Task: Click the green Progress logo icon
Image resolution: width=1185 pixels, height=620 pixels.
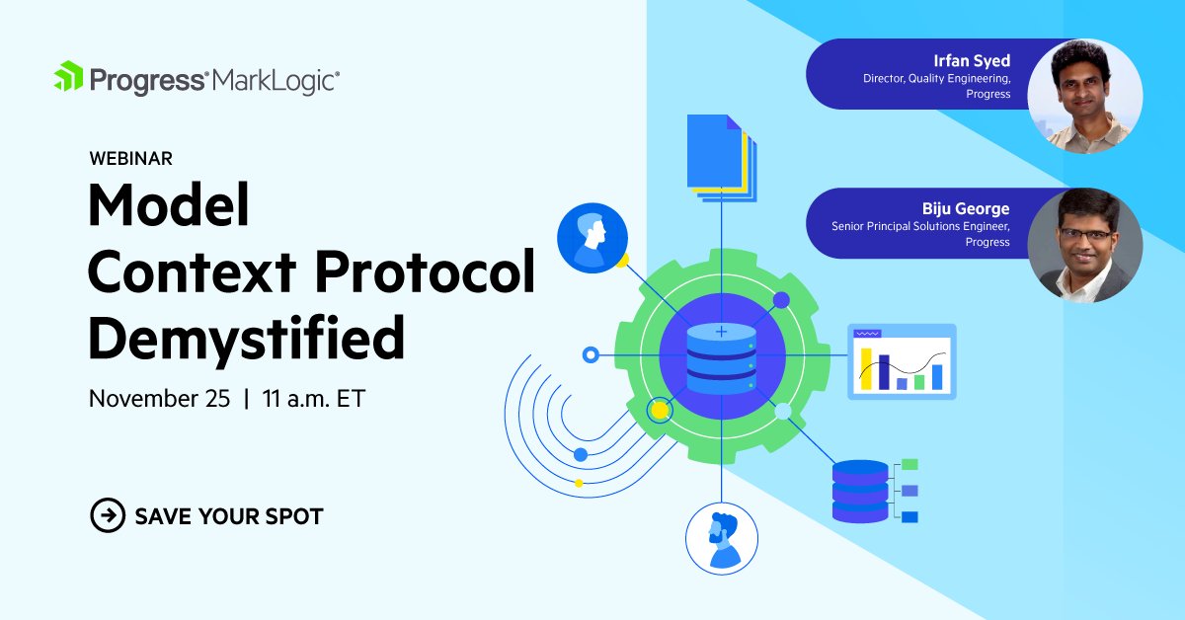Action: [x=69, y=78]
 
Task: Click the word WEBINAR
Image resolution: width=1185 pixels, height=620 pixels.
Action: [x=129, y=158]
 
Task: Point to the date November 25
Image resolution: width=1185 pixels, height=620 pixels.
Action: [x=159, y=399]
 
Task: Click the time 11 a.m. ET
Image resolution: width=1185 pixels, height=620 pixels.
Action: [x=313, y=399]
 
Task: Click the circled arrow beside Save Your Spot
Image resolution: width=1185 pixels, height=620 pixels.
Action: [x=108, y=514]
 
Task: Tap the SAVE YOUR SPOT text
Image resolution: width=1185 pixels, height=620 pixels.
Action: [x=229, y=515]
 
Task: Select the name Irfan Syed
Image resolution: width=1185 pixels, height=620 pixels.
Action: [x=972, y=61]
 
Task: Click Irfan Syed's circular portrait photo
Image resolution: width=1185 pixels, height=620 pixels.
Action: [x=1084, y=96]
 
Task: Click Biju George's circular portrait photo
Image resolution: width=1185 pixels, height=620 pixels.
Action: [x=1084, y=245]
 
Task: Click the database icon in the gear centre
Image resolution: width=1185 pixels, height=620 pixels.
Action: [x=721, y=357]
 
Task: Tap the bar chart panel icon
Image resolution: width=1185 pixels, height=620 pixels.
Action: [x=902, y=361]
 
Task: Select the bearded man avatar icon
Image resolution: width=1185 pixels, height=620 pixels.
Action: [x=722, y=539]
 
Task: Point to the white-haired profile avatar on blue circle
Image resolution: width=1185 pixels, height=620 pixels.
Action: [x=592, y=237]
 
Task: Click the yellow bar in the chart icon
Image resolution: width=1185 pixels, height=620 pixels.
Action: [x=866, y=368]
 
